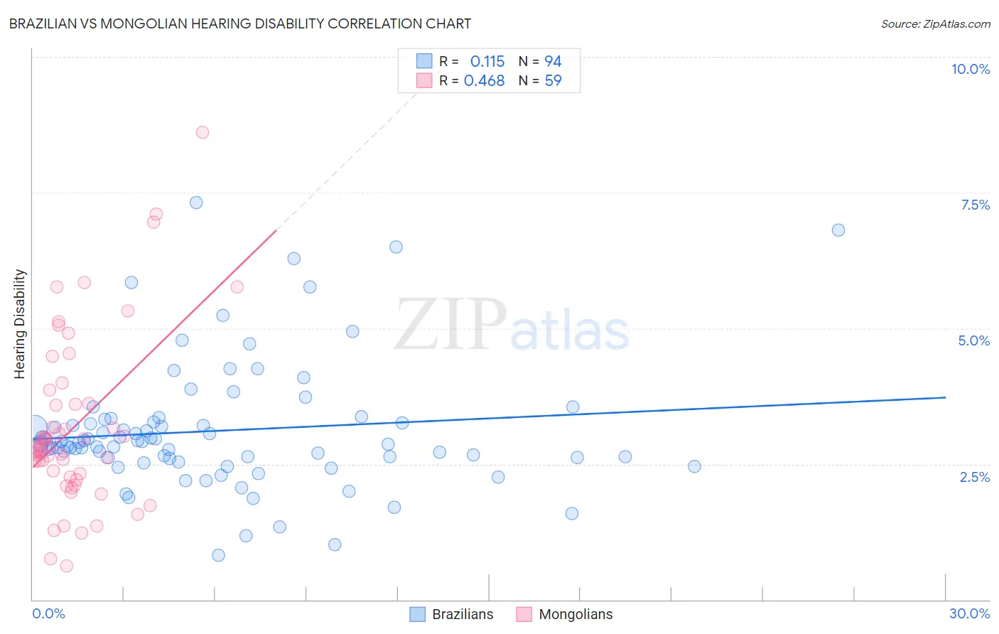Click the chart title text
240,23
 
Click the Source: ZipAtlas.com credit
935,23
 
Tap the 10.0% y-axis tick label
970,69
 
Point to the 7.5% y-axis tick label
975,205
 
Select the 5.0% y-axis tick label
973,340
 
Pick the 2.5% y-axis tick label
974,477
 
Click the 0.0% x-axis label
48,613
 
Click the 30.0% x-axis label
969,613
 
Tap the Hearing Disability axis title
20,324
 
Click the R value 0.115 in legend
487,62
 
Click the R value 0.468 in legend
484,81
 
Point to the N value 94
553,62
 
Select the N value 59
553,81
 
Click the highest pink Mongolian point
202,132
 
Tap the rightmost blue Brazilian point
838,230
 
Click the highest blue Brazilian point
196,203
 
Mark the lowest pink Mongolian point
67,566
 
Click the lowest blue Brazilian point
219,555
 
